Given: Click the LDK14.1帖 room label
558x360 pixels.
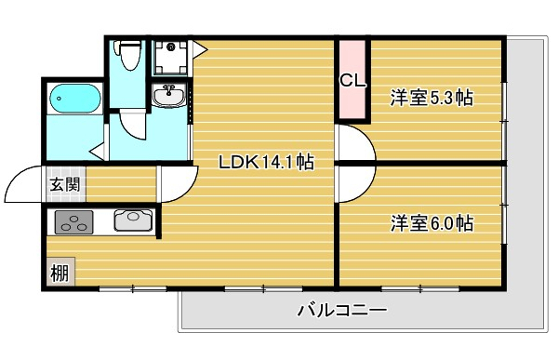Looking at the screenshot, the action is tap(266, 163).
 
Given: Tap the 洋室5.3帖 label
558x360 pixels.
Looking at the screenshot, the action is tap(432, 98).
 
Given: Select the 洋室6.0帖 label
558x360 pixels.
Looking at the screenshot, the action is tap(432, 223).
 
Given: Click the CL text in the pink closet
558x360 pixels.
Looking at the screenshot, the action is tap(352, 81).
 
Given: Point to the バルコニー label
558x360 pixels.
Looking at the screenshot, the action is tap(342, 310).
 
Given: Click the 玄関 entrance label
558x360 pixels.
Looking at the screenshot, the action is tap(65, 184).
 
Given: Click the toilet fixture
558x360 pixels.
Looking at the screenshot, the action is tap(127, 55).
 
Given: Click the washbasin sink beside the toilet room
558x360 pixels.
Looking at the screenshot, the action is tap(168, 96).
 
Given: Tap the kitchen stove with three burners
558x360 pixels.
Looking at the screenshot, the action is tap(73, 222).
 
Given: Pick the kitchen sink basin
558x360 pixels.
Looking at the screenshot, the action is tap(133, 220).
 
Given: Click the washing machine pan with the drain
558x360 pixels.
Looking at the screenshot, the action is tap(171, 58).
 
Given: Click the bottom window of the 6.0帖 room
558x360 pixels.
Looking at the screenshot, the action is tap(420, 288).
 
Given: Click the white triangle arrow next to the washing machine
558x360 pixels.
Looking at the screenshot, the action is tap(199, 50).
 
